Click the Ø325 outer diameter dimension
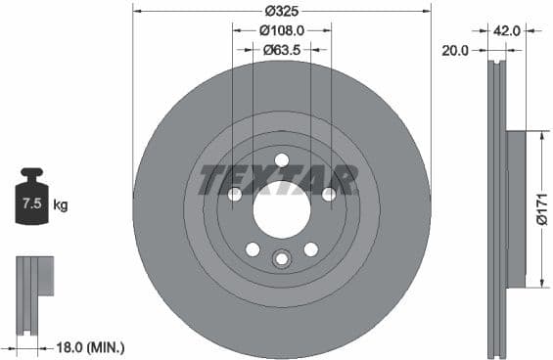[282, 11]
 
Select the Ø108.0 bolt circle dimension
[282, 30]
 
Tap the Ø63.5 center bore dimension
[282, 50]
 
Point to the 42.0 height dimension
[506, 30]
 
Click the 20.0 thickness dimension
[456, 48]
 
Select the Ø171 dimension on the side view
[541, 208]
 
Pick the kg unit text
[61, 205]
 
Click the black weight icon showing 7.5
[31, 202]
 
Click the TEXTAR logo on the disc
[279, 180]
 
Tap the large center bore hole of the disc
[282, 209]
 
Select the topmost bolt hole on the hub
[282, 160]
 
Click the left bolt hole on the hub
[235, 195]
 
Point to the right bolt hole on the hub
[329, 195]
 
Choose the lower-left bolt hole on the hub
[253, 249]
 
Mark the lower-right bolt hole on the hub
[311, 249]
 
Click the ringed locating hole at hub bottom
[282, 259]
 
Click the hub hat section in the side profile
[516, 208]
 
